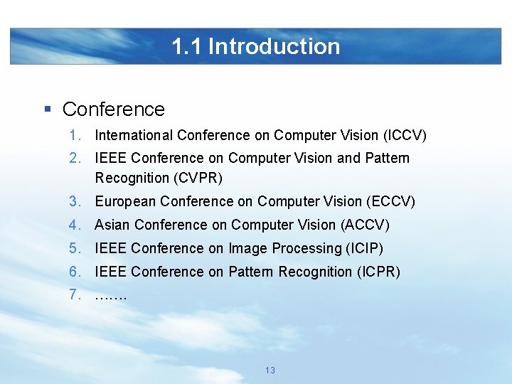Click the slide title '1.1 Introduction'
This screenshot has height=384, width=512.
tap(255, 46)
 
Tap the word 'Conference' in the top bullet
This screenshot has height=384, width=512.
tap(114, 110)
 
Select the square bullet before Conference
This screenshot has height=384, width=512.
tap(48, 109)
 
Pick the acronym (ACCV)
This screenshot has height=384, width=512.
tap(366, 225)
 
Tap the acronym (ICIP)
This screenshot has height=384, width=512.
tap(364, 248)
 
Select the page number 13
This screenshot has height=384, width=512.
tap(270, 370)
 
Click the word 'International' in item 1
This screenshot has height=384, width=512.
tap(134, 135)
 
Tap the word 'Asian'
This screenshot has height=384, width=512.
tap(112, 225)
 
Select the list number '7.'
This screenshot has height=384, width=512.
tap(76, 294)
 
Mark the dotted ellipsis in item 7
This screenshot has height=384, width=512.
tap(110, 295)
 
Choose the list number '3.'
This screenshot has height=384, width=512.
tap(76, 201)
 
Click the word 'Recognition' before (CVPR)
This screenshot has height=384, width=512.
tap(131, 178)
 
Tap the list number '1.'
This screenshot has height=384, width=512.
tap(76, 135)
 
